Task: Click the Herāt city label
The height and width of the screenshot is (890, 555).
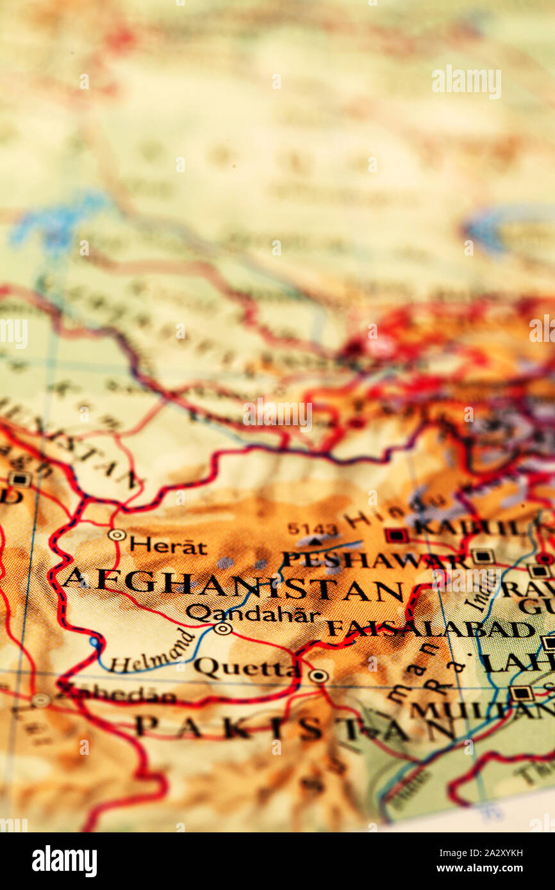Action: point(168,546)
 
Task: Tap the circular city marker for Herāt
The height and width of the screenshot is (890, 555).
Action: point(117,535)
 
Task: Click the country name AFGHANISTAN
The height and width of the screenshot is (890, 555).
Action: point(234,584)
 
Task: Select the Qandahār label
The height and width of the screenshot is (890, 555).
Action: point(253,614)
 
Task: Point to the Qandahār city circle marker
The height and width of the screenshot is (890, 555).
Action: point(222,629)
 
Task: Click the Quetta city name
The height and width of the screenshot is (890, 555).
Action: point(247,668)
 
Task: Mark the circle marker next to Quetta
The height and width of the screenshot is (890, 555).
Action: point(318,676)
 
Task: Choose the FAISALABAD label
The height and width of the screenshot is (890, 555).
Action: point(430,629)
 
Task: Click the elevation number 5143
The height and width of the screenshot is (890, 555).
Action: point(312,529)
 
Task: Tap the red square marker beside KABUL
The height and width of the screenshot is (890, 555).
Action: point(395,535)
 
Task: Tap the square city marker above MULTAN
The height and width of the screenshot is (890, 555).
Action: point(521,693)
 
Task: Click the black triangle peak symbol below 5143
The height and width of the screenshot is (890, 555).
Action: point(314,542)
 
